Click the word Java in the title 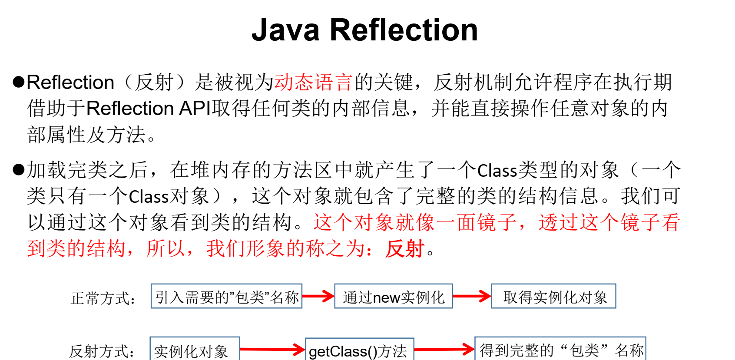coord(285,30)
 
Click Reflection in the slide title coord(404,30)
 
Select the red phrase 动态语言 coord(313,82)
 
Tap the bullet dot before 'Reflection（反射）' coord(18,82)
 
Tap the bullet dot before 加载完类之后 coord(18,169)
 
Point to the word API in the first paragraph coord(195,108)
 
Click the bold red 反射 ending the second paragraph coord(404,249)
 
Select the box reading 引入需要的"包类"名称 coord(226,297)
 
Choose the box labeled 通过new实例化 coord(394,297)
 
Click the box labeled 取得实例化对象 coord(553,297)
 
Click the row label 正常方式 coord(103,298)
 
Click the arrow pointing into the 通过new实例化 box coord(318,297)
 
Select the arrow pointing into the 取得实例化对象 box coord(472,297)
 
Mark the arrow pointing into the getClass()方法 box coord(272,349)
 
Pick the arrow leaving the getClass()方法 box coord(444,349)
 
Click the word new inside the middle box coord(386,297)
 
